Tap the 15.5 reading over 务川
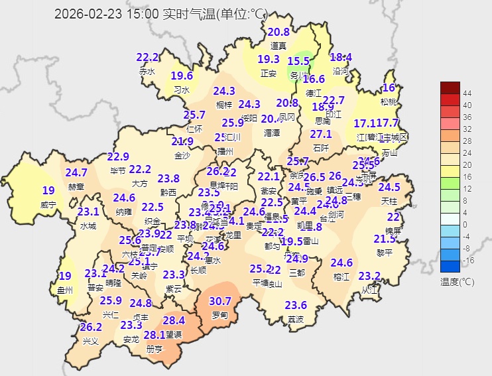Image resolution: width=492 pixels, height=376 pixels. (298, 61)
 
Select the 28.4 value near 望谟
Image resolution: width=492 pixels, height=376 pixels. (173, 320)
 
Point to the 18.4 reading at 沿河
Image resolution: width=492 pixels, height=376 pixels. (341, 57)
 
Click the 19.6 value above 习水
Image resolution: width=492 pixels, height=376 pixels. (182, 76)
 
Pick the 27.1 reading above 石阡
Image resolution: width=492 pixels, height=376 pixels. (321, 134)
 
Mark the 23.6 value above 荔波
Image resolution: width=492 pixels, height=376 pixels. (296, 305)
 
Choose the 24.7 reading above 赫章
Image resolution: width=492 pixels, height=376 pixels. (76, 172)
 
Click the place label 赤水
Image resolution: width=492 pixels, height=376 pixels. (147, 71)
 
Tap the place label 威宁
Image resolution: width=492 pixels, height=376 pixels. (48, 205)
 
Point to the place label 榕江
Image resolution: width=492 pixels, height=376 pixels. (341, 277)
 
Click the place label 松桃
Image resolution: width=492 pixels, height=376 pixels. (389, 101)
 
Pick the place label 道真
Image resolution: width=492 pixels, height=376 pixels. (278, 46)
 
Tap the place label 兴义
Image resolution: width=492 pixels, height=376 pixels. (90, 341)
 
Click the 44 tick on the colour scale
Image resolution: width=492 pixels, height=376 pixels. (467, 94)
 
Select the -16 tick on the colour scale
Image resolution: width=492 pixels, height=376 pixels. (467, 260)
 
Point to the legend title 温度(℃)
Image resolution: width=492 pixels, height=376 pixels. (458, 282)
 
